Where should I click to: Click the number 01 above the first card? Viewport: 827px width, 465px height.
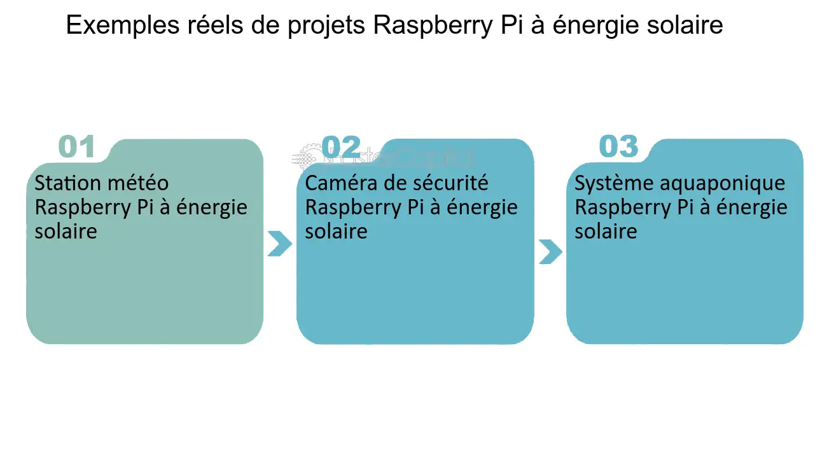(76, 147)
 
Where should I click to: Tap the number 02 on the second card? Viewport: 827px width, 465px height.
(341, 147)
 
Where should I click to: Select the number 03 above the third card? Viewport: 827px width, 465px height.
(618, 147)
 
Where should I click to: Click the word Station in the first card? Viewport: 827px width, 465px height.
(67, 183)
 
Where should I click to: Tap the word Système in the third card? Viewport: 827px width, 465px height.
(611, 183)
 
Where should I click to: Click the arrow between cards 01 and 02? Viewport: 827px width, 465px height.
(279, 244)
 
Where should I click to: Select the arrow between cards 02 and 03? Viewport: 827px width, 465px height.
(550, 251)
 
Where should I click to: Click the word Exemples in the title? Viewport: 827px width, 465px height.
(119, 26)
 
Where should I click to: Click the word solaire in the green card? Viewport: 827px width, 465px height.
(66, 231)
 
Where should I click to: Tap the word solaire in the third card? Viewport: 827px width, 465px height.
(606, 231)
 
